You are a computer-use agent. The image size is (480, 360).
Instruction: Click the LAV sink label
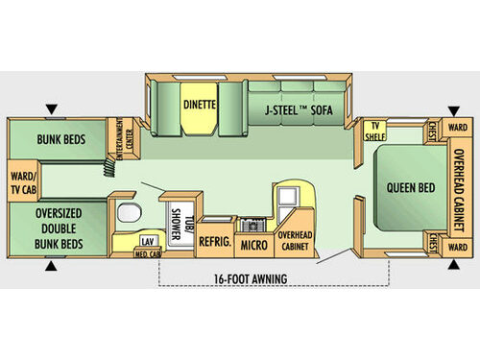[147, 241]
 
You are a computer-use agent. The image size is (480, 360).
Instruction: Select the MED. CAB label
[147, 253]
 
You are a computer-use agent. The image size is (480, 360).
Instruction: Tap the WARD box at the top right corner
[458, 126]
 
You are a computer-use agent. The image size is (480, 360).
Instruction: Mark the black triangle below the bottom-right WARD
[452, 270]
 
